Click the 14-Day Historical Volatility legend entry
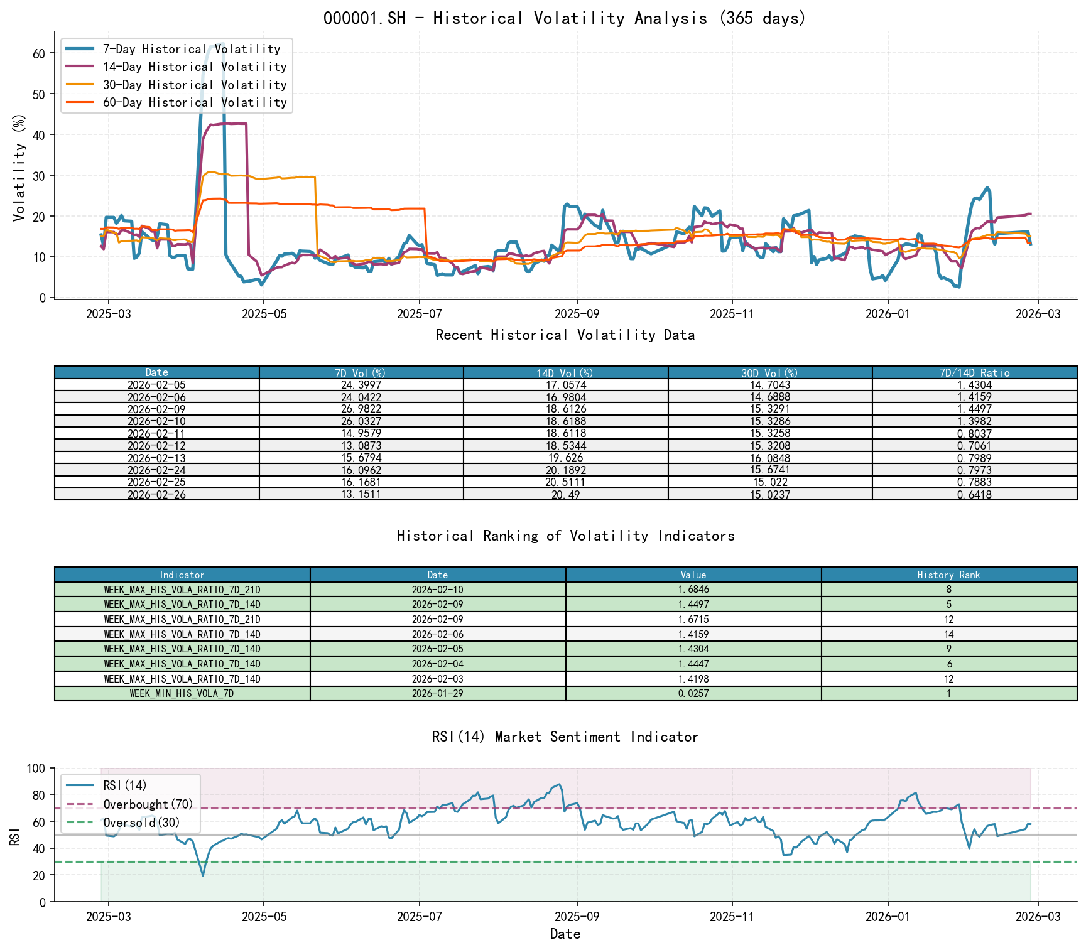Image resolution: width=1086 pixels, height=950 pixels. click(194, 67)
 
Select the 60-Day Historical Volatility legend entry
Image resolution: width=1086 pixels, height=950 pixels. click(194, 102)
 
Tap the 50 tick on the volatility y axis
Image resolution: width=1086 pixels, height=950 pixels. click(39, 94)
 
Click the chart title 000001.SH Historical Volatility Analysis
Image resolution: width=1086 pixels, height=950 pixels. click(564, 18)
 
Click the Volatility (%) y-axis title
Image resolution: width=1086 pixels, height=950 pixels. click(19, 168)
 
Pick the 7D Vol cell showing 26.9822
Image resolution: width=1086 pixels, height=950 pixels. click(361, 409)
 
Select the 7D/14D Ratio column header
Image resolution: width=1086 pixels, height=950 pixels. click(974, 373)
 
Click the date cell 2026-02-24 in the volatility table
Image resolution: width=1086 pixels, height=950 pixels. click(156, 470)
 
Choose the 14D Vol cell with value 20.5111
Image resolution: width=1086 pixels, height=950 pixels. click(565, 482)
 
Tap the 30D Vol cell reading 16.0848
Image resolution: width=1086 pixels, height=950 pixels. click(770, 458)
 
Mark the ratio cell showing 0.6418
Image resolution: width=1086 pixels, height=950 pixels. click(974, 495)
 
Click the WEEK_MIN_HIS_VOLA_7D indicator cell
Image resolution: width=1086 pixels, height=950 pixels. click(182, 694)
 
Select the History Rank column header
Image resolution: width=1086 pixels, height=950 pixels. click(948, 575)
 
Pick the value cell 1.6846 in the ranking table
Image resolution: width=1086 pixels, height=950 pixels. click(693, 590)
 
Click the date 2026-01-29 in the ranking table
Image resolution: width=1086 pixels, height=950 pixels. click(437, 694)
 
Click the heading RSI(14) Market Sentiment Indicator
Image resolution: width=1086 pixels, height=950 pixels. click(564, 737)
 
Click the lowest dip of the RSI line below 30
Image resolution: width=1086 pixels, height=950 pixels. click(202, 875)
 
